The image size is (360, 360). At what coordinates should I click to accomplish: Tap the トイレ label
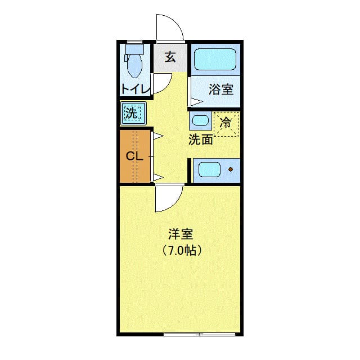click(x=135, y=89)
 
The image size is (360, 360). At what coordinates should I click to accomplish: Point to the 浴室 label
click(x=221, y=89)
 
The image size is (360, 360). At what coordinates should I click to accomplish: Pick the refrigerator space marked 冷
click(x=226, y=123)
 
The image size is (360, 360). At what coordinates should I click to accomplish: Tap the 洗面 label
click(x=200, y=140)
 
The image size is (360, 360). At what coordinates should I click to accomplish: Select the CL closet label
click(x=134, y=156)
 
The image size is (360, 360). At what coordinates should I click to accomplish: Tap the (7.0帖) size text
click(x=181, y=250)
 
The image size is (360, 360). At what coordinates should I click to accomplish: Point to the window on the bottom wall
click(x=199, y=334)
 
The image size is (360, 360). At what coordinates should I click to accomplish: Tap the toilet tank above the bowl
click(x=134, y=49)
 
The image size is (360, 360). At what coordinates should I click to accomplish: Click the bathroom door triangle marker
click(x=195, y=102)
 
